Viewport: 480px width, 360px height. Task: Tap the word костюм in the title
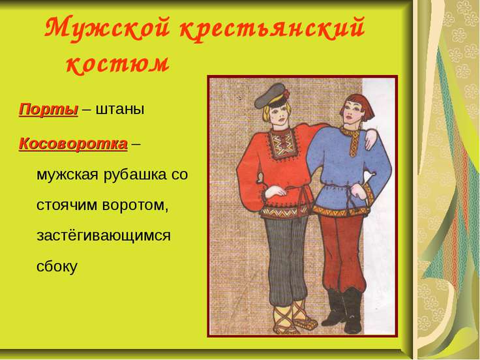point(118,64)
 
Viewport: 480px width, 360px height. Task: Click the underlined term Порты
point(49,110)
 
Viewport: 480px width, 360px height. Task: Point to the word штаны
point(120,110)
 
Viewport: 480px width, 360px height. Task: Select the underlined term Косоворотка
point(73,143)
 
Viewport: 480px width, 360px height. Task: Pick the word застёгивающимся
point(104,236)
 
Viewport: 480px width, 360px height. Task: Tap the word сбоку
point(57,265)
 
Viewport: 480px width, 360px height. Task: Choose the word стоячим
point(67,205)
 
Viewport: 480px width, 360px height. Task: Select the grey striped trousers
point(286,260)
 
